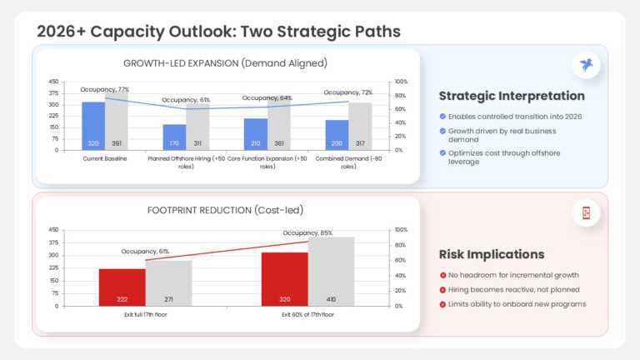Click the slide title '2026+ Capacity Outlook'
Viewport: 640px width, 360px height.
pos(218,32)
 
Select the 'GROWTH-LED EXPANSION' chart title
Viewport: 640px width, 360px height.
pos(225,63)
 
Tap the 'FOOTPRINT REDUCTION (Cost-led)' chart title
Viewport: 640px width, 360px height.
pos(225,210)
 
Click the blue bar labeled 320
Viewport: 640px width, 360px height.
pos(93,126)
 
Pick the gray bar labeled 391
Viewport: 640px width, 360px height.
pos(117,122)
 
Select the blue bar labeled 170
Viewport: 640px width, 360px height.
pos(174,137)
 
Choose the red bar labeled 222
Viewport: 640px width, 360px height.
pos(122,287)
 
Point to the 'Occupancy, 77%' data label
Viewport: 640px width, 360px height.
pos(104,89)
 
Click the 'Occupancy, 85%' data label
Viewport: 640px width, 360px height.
pos(307,233)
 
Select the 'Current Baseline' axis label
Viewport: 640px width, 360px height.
pos(105,157)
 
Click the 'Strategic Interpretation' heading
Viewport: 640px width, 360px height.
pos(512,96)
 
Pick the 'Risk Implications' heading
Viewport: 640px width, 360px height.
pos(492,254)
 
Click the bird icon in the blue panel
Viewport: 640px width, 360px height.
pos(587,65)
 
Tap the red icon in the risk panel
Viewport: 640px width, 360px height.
pos(587,213)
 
